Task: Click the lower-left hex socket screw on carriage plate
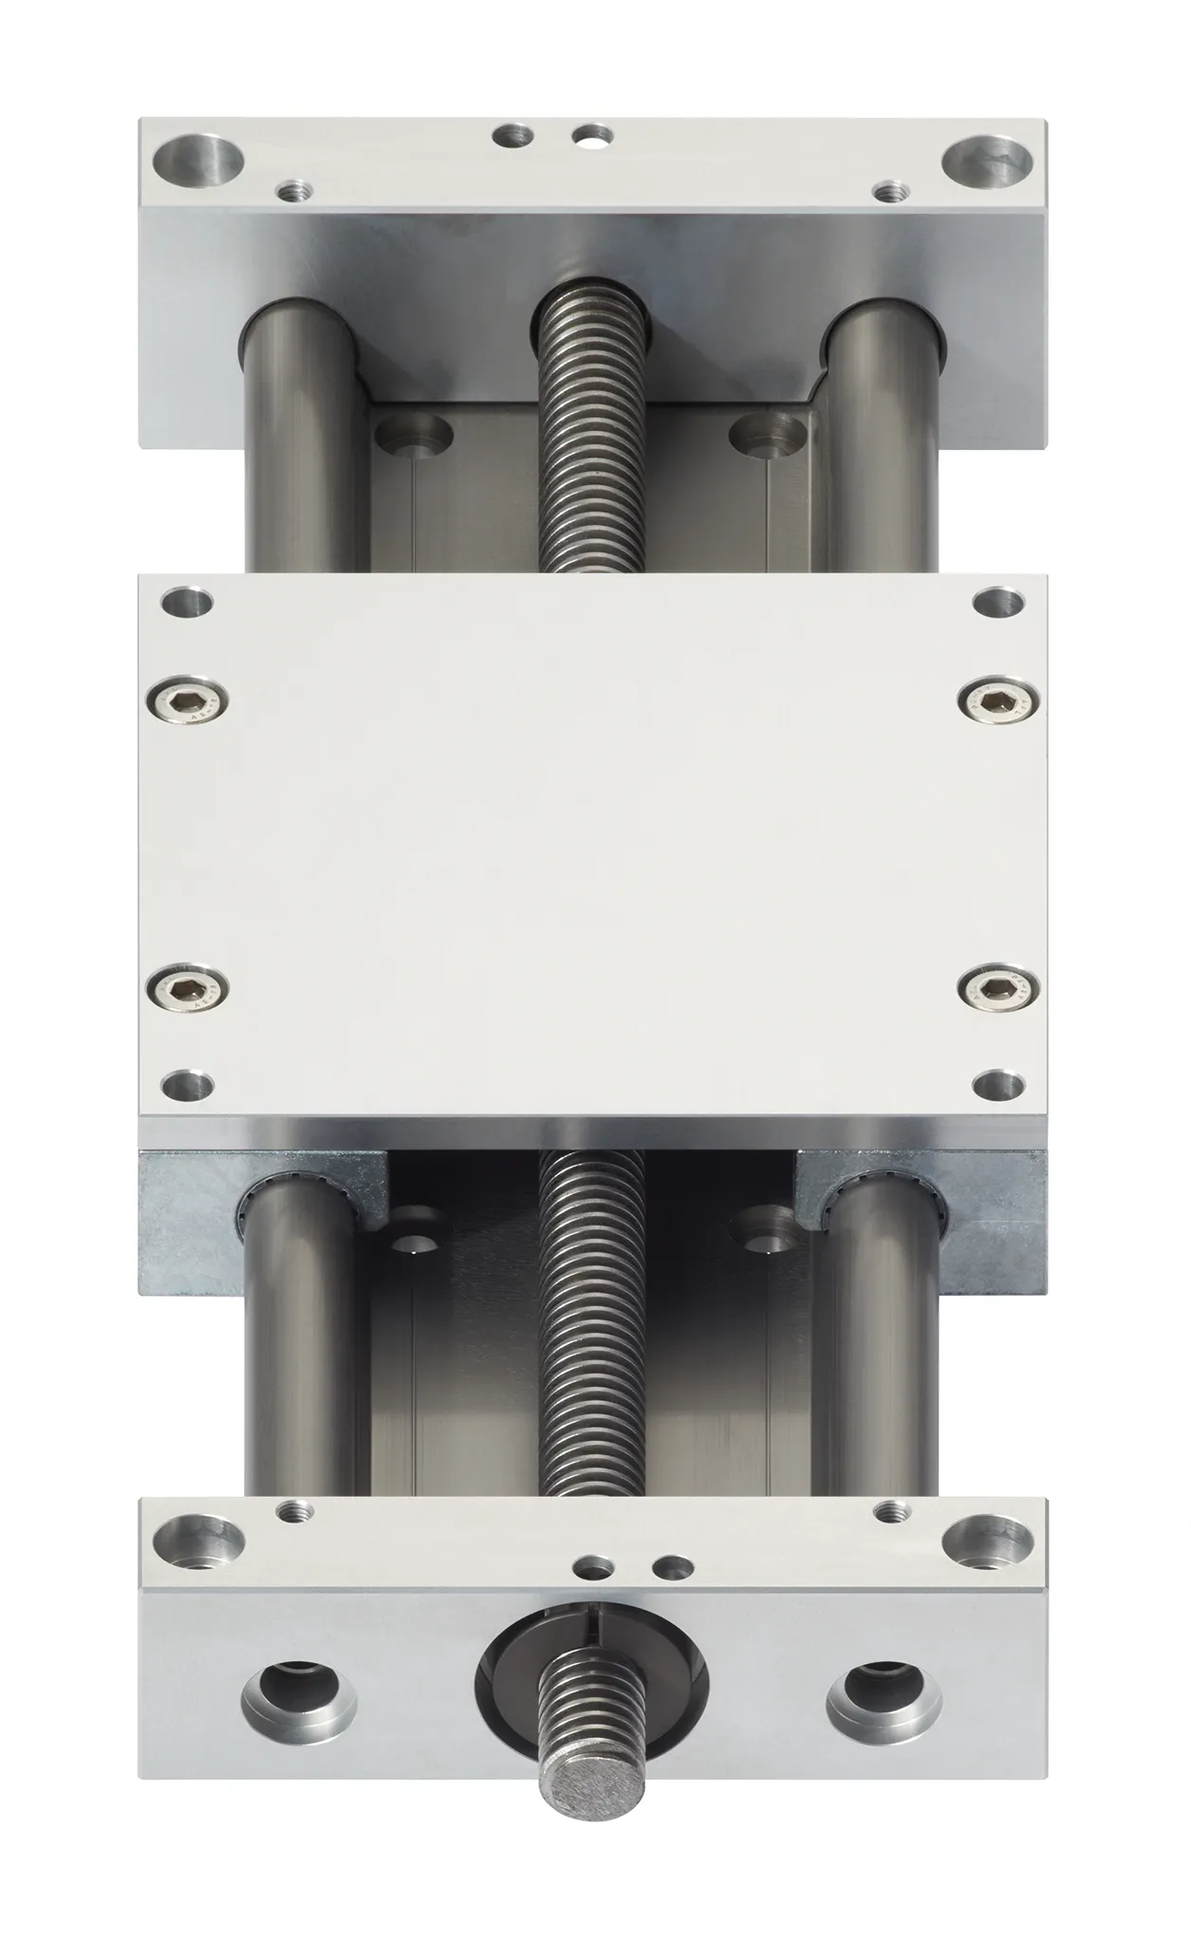point(189,991)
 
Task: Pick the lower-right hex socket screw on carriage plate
point(998,991)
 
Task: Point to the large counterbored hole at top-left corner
point(198,159)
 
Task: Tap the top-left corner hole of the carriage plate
point(188,603)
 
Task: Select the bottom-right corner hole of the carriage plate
point(999,1081)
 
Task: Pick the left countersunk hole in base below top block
point(413,436)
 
